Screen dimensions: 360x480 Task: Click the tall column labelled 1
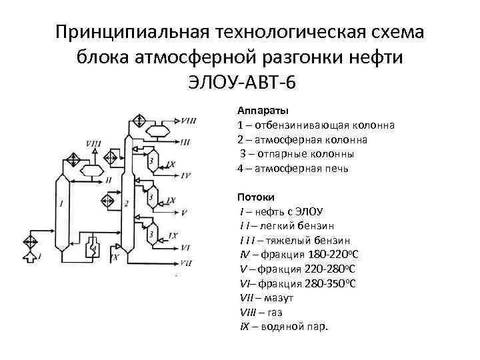61,207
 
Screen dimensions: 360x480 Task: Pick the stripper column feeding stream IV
153,163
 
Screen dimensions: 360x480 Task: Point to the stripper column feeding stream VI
153,234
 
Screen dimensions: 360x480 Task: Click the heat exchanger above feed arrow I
31,239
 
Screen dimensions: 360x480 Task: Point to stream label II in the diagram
109,180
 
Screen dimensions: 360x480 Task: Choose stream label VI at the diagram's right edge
186,247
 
